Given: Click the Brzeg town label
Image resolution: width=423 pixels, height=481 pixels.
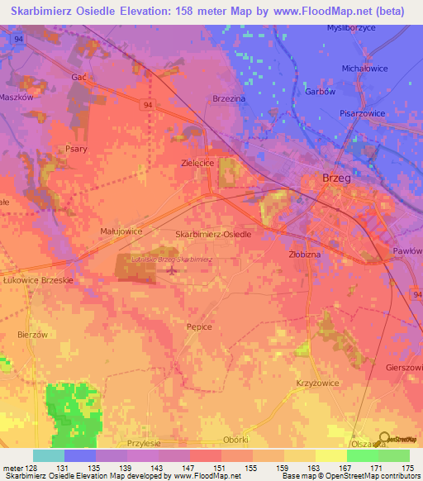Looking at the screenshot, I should pyautogui.click(x=337, y=178).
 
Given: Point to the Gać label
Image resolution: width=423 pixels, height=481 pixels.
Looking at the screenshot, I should pyautogui.click(x=79, y=76).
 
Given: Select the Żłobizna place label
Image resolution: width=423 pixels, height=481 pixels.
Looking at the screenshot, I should pyautogui.click(x=304, y=255).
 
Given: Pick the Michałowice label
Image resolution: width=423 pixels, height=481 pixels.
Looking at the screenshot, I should pyautogui.click(x=364, y=69).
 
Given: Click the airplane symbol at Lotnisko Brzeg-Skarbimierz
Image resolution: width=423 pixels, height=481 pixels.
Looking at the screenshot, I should pyautogui.click(x=172, y=269).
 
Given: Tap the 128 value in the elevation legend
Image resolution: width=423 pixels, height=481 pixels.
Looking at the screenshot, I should pyautogui.click(x=30, y=468).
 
